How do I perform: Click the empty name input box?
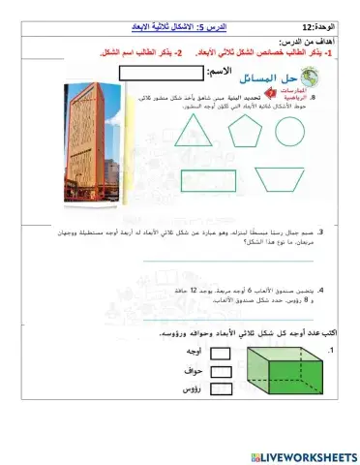coord(152,73)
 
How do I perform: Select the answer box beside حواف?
coord(221,371)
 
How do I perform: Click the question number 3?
coord(320,232)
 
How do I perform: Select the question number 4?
coord(320,290)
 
